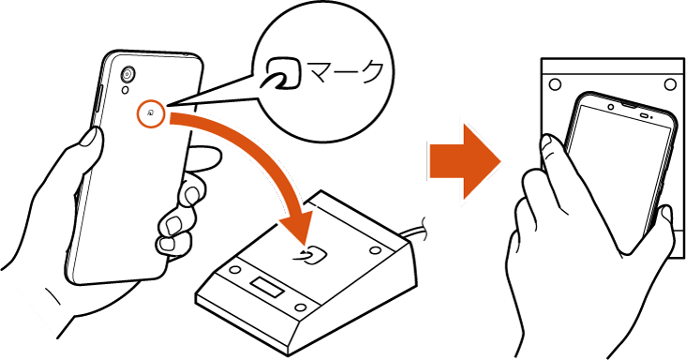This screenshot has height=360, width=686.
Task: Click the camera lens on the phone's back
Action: tap(127, 74)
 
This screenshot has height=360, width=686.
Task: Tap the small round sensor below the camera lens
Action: tap(126, 91)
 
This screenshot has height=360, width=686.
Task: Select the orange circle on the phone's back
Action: tap(151, 114)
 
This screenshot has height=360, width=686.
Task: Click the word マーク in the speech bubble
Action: tap(346, 72)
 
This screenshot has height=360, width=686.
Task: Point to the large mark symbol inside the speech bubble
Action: tap(283, 72)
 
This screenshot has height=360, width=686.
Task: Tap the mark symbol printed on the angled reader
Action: tap(310, 255)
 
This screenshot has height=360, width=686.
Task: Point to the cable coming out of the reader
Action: tap(416, 229)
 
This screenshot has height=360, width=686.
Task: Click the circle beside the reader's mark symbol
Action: tap(375, 250)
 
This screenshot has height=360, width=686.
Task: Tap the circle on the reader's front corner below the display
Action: tap(300, 307)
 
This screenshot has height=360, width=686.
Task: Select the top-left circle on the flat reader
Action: tap(555, 84)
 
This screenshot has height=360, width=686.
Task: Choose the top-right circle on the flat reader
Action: tap(670, 84)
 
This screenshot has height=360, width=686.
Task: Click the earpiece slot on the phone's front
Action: tap(646, 116)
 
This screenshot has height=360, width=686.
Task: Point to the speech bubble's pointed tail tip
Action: tap(166, 106)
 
